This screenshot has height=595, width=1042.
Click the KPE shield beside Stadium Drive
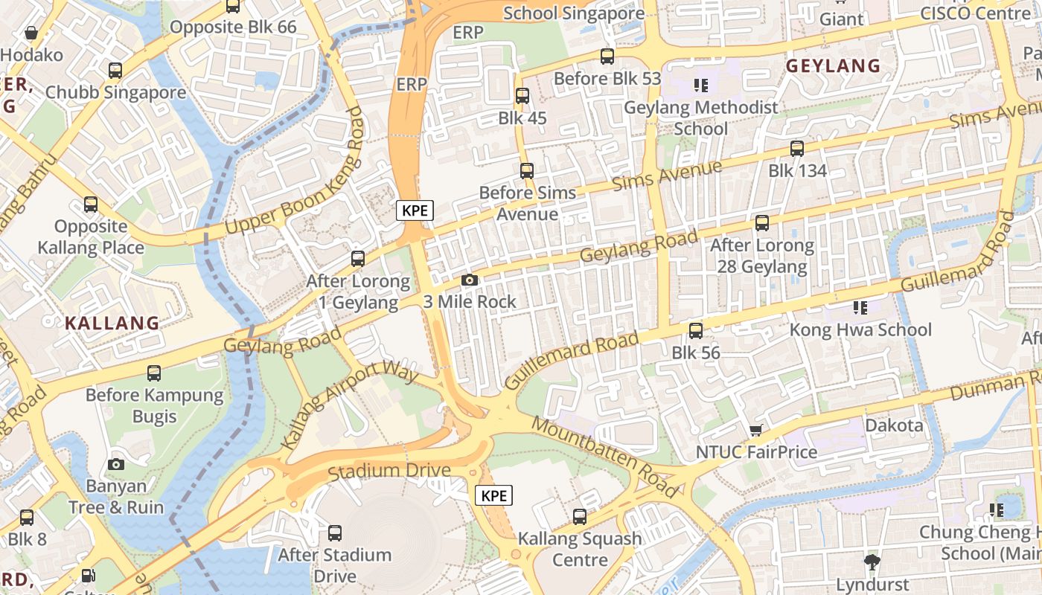(494, 495)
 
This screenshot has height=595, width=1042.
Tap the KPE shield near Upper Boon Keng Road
(415, 210)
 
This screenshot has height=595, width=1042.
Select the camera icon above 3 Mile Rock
(469, 280)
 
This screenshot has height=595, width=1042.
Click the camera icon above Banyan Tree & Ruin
(116, 464)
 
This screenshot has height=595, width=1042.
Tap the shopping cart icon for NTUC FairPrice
(756, 430)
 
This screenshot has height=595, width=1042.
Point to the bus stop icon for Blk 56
(696, 330)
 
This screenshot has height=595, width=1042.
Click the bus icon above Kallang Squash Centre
(580, 516)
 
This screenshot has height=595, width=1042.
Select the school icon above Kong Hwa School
(860, 307)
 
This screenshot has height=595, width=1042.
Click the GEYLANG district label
(833, 65)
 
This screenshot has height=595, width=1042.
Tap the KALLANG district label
(112, 323)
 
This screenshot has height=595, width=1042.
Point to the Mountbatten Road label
(606, 457)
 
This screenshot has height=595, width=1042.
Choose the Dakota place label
(893, 425)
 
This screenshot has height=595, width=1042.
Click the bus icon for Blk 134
(797, 148)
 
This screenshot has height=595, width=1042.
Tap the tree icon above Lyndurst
(872, 561)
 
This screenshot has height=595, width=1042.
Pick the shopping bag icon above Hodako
(31, 33)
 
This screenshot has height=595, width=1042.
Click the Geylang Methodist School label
(700, 118)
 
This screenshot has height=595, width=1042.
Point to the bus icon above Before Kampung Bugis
(154, 373)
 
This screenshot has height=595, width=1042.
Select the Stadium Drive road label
(389, 471)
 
